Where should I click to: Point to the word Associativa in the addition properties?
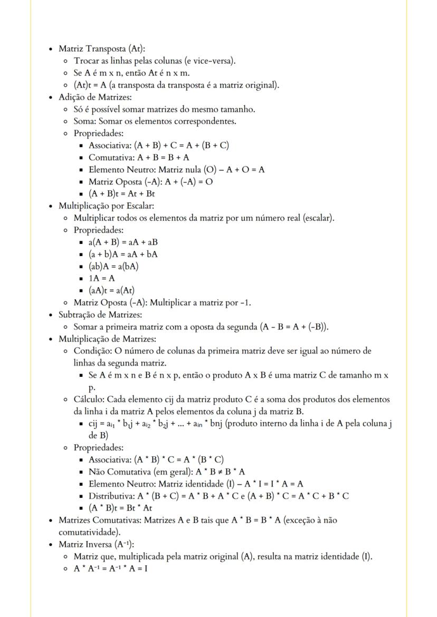point(110,145)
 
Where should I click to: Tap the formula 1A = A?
point(101,278)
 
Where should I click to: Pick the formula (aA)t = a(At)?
point(111,290)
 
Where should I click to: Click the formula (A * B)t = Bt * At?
point(120,508)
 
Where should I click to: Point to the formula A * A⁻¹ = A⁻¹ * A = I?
point(110,569)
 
